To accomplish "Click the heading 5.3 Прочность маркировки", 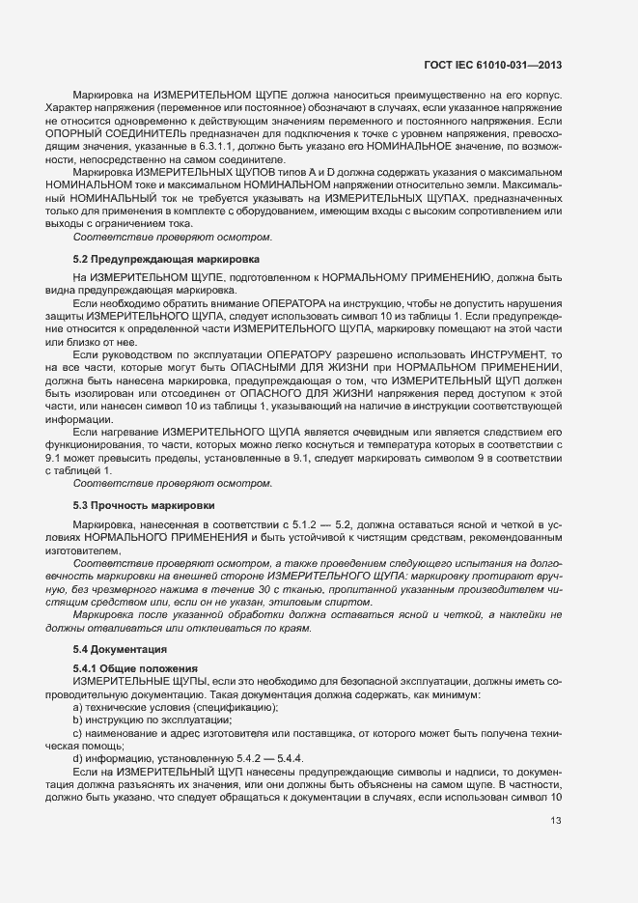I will [144, 505].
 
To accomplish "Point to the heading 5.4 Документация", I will [121, 649].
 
